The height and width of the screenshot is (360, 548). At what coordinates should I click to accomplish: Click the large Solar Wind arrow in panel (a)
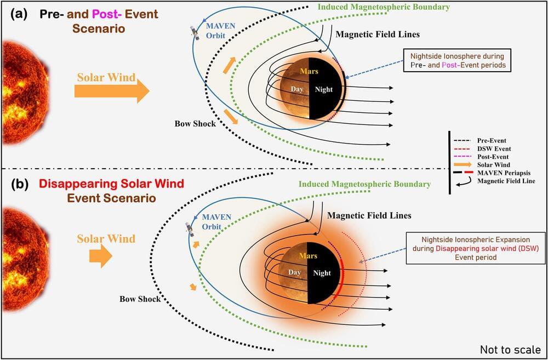[112, 91]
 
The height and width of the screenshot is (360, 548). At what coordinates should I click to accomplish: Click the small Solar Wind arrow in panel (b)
[101, 256]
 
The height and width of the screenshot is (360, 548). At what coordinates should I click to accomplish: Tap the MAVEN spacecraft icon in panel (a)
[195, 32]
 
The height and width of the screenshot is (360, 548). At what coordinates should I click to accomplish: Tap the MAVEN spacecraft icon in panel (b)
[189, 229]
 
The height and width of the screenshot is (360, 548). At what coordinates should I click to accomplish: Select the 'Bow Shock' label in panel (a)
[195, 123]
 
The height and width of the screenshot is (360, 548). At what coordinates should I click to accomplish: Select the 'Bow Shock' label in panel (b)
[140, 299]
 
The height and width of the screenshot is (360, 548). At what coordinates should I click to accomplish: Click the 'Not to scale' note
[511, 350]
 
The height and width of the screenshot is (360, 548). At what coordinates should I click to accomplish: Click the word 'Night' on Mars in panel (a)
[324, 89]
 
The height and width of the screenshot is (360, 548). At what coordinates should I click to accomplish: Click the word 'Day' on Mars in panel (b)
[294, 272]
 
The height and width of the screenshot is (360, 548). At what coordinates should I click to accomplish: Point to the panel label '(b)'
[19, 184]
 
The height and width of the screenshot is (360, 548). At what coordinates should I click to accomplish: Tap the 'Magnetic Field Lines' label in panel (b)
[369, 215]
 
